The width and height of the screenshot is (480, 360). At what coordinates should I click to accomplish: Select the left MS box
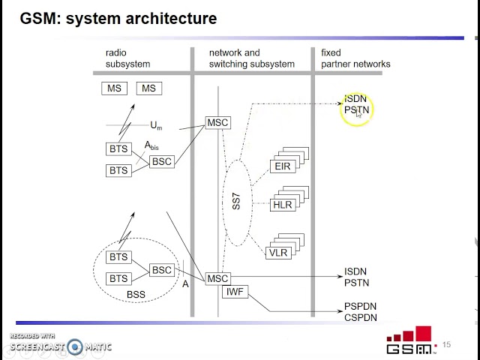click(114, 88)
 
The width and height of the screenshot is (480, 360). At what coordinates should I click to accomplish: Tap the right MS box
click(148, 88)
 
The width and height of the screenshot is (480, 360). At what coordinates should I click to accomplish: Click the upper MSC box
click(217, 122)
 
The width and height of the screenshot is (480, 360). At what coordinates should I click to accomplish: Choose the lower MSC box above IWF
click(217, 278)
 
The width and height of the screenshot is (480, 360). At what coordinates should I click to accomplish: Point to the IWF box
click(235, 291)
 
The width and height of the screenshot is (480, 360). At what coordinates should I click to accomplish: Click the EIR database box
click(283, 166)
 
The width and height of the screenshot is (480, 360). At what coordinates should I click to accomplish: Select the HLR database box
click(283, 204)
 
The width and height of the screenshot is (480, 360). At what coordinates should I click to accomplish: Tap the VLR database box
click(278, 253)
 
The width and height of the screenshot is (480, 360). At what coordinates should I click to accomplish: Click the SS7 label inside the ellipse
click(236, 201)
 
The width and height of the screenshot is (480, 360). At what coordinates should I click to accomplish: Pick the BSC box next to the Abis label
click(162, 161)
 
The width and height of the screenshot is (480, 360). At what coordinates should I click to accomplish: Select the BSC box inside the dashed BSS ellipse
click(162, 270)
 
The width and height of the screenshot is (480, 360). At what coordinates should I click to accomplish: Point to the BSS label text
click(136, 294)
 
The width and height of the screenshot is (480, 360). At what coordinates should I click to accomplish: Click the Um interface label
click(156, 125)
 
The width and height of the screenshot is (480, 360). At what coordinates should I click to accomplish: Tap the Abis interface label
click(151, 145)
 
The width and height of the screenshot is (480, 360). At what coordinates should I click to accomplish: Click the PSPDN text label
click(360, 307)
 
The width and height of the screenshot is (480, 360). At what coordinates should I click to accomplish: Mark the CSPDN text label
click(360, 318)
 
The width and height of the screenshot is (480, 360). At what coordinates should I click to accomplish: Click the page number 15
click(447, 345)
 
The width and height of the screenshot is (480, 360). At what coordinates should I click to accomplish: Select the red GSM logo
click(411, 341)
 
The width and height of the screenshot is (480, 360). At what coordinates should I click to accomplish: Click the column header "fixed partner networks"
click(355, 58)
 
